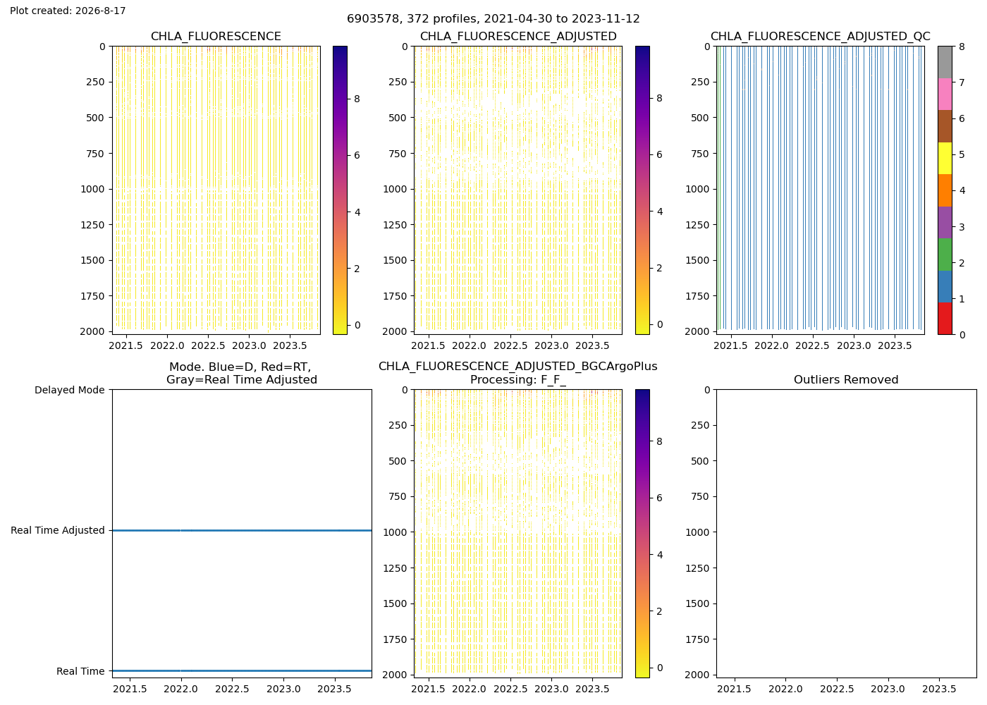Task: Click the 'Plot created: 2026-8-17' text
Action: coord(68,11)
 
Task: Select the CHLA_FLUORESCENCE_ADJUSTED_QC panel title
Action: coord(821,36)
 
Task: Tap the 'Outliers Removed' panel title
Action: coord(846,379)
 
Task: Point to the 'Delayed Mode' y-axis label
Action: coord(70,390)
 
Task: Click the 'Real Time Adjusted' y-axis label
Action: coord(58,530)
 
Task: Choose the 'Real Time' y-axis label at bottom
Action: coord(80,671)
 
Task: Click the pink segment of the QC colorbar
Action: coord(945,94)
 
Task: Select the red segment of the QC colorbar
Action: coord(945,318)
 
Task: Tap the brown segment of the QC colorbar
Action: coord(945,126)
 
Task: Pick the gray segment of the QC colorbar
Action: coord(945,62)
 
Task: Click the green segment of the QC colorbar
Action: coord(945,255)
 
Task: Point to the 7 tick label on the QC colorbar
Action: coord(962,82)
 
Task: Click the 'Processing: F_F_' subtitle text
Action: coord(518,379)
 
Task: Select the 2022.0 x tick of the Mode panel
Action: coord(180,689)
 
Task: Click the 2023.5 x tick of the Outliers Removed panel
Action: coord(939,689)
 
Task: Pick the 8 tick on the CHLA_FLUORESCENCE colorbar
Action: coord(357,99)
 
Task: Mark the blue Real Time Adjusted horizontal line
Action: coord(242,530)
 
